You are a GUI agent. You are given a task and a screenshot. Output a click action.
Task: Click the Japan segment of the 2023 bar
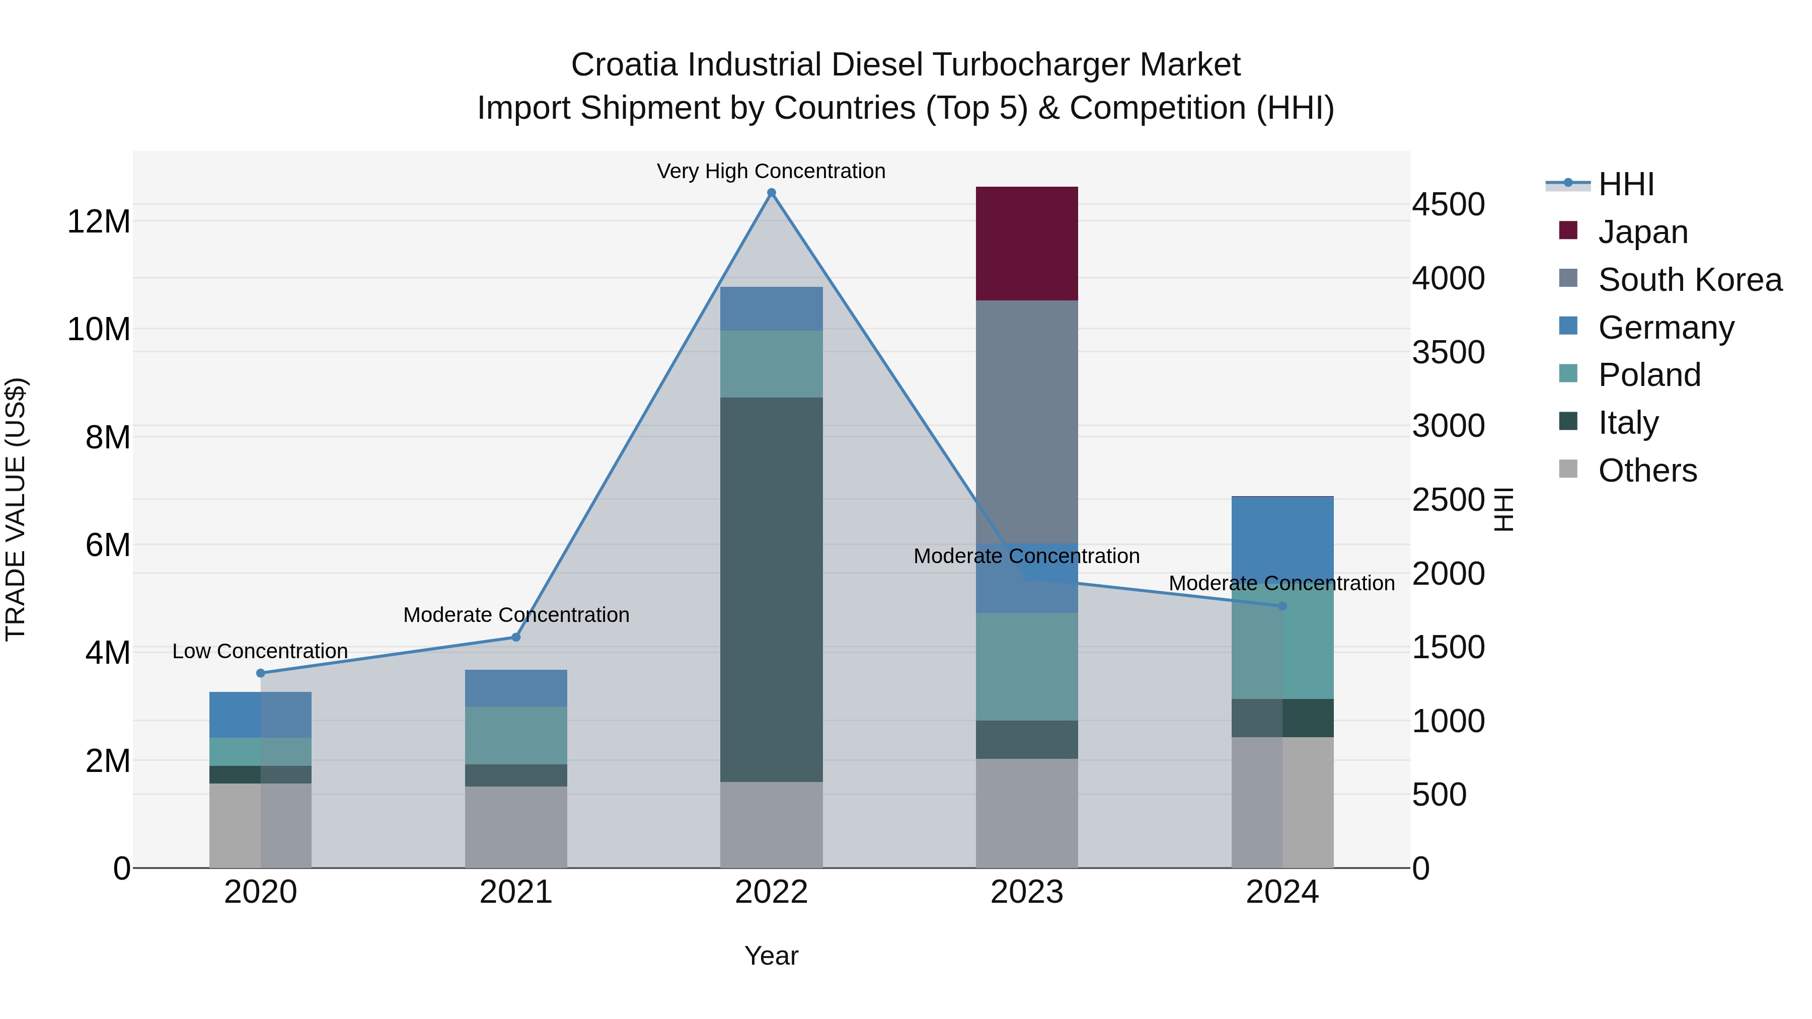(1026, 244)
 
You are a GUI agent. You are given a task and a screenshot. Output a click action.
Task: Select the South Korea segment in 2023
(1026, 422)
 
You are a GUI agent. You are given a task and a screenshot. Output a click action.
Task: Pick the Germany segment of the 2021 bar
(515, 688)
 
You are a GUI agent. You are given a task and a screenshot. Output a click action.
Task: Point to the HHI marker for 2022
(771, 193)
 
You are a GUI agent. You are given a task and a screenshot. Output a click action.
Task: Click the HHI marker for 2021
(515, 637)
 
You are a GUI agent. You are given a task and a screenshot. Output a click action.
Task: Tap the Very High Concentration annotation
(771, 171)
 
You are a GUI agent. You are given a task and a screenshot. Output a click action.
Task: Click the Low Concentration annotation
(260, 651)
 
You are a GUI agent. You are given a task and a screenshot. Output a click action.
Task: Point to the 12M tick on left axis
(99, 221)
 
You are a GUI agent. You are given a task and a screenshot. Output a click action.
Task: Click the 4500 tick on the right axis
(1448, 205)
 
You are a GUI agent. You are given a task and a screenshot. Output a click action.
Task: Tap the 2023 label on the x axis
(1026, 892)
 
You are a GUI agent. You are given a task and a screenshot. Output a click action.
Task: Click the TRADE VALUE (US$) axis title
(16, 509)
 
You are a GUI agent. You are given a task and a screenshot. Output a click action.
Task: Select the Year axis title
(771, 956)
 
